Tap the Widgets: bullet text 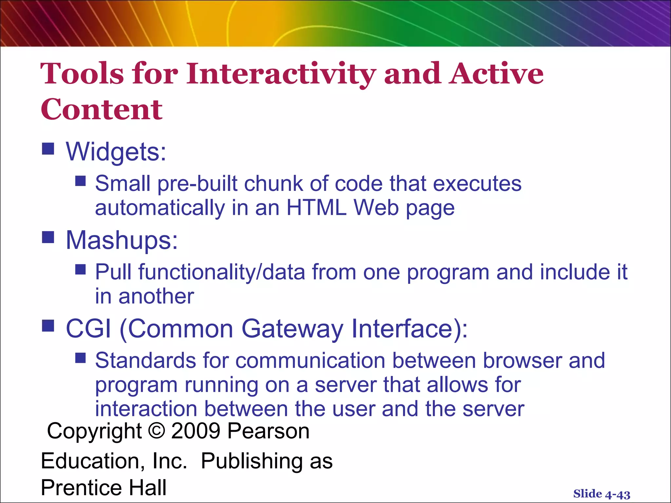[116, 152]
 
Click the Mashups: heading [122, 240]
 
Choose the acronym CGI [88, 328]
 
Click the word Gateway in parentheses [292, 328]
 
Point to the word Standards [145, 360]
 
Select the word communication [310, 360]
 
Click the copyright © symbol [157, 431]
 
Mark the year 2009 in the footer [196, 431]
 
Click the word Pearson [268, 431]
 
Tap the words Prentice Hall [104, 487]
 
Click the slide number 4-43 [617, 494]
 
